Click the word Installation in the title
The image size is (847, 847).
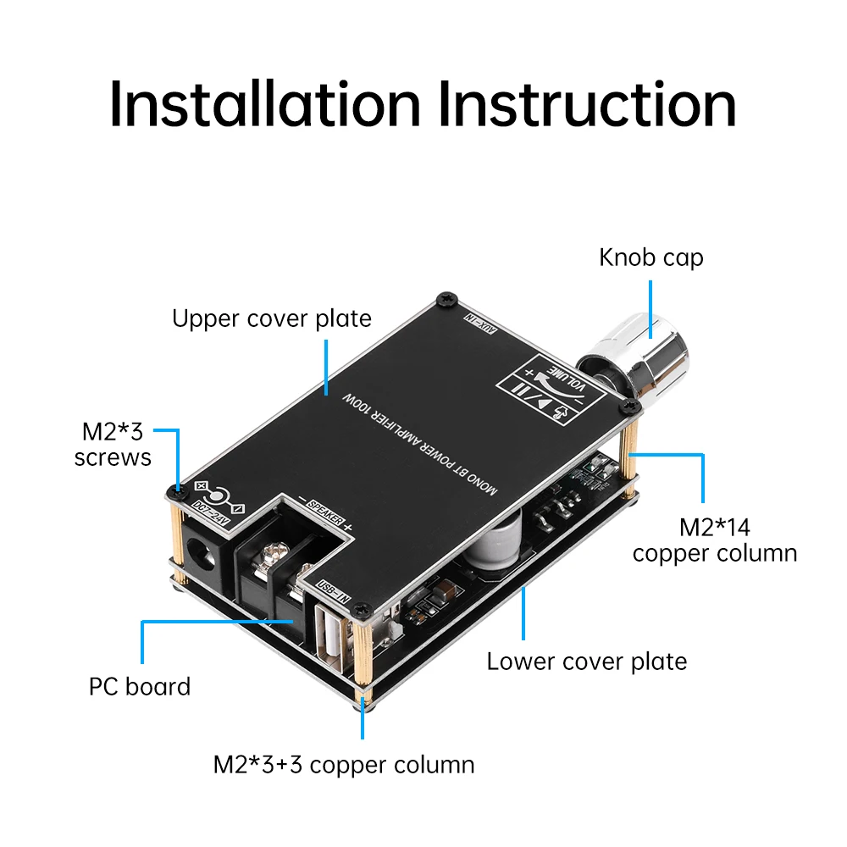click(x=264, y=106)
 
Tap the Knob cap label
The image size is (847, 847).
click(x=650, y=257)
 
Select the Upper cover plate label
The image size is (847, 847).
click(x=272, y=318)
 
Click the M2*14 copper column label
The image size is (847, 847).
click(x=714, y=540)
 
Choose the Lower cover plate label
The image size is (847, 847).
click(x=586, y=661)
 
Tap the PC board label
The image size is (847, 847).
click(x=140, y=685)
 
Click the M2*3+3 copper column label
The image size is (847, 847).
click(x=343, y=764)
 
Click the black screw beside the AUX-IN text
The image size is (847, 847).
click(x=446, y=298)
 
